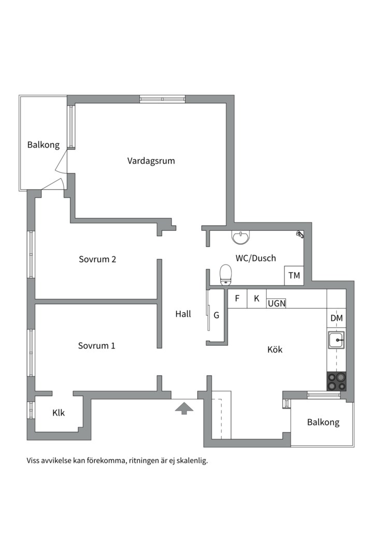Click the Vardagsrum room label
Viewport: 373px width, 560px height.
coord(151,161)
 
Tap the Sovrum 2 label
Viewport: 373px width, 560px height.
coord(97,259)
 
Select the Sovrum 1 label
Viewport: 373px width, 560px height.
coord(97,345)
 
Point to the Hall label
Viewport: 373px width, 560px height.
coord(183,314)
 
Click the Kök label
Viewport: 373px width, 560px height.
coord(275,349)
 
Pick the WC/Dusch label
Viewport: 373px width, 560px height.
coord(255,258)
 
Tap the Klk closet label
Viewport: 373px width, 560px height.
coord(59,413)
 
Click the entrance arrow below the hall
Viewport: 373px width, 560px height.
coord(184,408)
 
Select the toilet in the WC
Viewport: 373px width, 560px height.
coord(225,275)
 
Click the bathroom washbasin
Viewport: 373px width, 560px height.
coord(241,237)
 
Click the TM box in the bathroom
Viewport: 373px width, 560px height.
coord(294,276)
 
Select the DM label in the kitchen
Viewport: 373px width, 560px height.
coord(337,318)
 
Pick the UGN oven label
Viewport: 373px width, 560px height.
coord(277,303)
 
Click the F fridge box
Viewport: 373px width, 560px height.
coord(237,299)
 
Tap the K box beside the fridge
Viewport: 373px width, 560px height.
coord(256,299)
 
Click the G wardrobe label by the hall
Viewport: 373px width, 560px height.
coord(217,315)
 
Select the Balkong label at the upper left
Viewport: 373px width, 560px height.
coord(44,145)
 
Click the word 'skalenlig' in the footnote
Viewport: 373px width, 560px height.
coord(193,461)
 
